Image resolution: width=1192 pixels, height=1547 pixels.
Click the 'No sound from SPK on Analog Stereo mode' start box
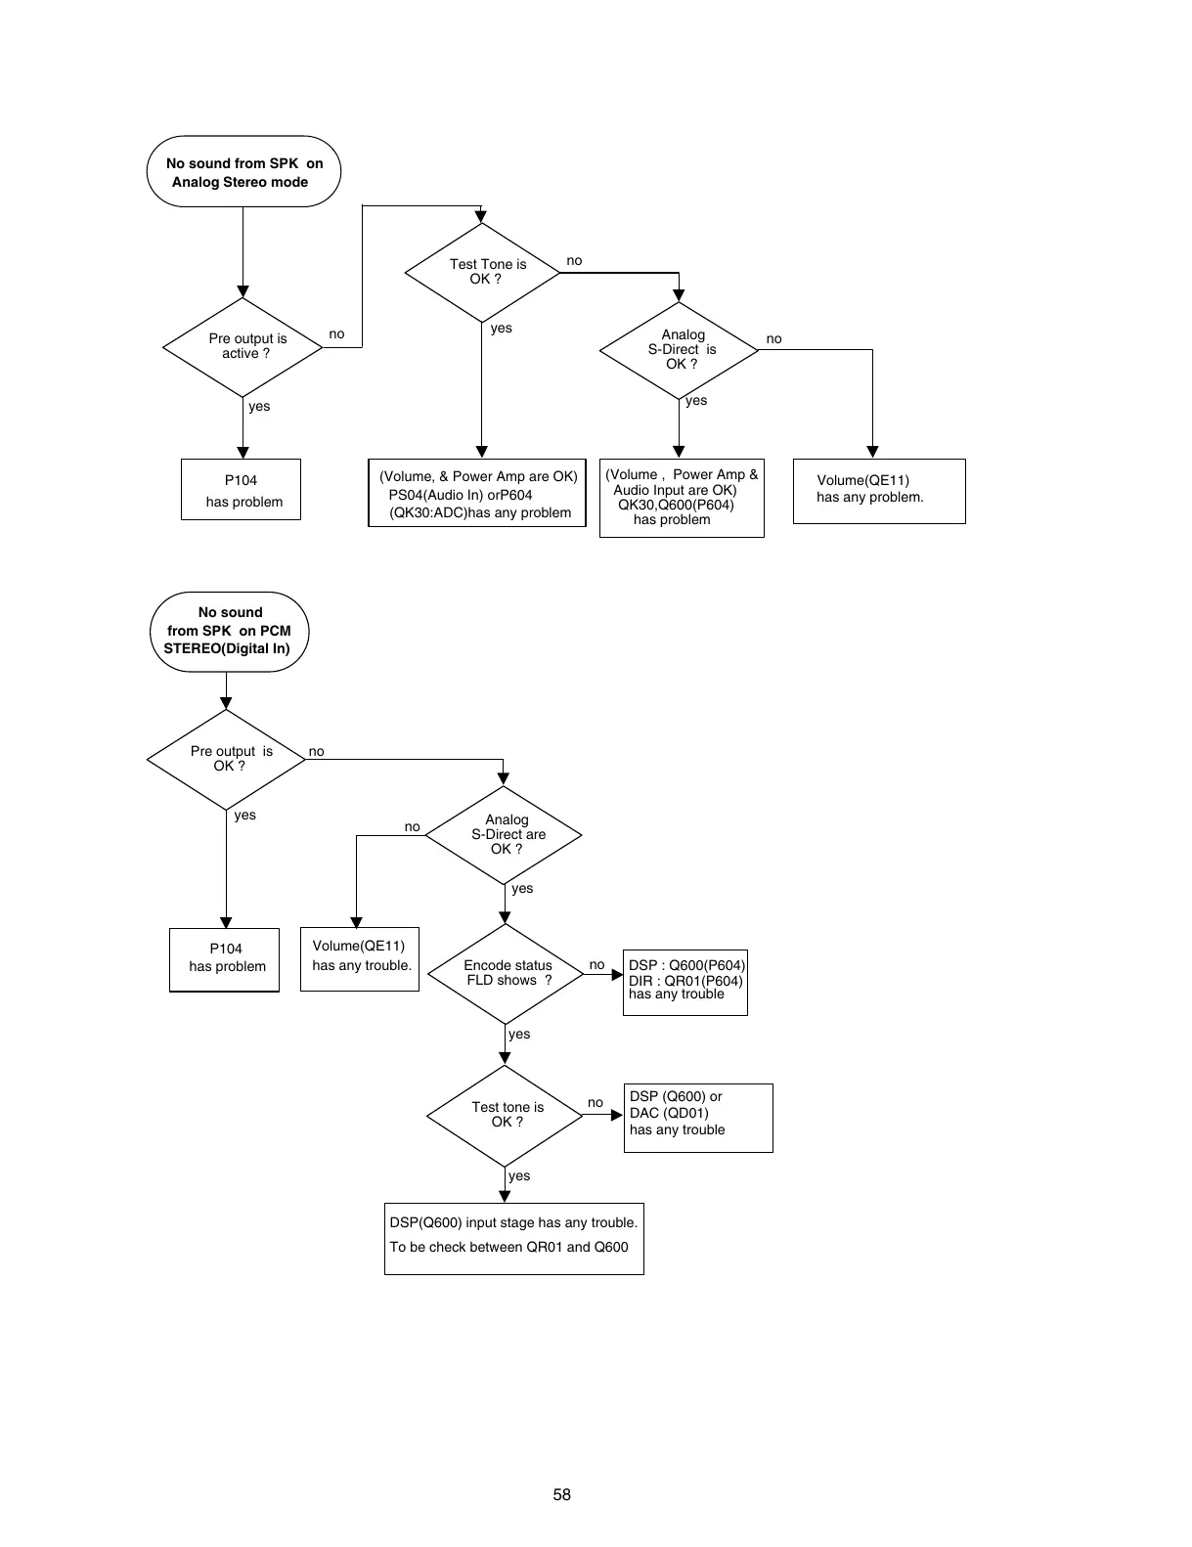243,172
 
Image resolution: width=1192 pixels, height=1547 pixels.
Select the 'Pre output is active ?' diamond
243,347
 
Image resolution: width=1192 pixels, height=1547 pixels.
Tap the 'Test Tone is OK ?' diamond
482,272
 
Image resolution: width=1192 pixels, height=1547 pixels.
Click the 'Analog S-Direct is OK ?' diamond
680,350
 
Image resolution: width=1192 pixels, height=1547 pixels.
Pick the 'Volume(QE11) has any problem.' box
878,491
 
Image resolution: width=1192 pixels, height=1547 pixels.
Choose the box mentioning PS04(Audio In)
477,493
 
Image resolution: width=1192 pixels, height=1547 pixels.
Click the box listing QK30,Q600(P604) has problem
682,498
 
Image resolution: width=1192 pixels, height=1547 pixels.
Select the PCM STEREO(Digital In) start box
229,632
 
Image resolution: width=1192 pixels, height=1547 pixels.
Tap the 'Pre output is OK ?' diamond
227,759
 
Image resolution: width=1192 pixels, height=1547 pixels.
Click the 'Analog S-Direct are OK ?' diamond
505,835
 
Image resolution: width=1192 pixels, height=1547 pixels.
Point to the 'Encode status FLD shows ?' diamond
506,974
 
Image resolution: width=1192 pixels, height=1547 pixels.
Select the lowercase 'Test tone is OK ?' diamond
506,1115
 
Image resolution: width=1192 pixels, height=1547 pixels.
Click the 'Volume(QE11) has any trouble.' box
360,958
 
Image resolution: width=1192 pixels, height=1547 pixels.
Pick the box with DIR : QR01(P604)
684,982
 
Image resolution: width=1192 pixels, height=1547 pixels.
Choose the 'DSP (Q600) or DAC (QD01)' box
698,1117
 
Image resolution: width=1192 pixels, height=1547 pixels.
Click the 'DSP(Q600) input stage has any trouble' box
514,1238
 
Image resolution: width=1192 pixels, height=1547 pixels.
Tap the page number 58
562,1494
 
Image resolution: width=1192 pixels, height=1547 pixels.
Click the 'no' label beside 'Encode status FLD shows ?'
596,965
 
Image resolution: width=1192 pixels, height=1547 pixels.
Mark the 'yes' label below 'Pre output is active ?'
259,407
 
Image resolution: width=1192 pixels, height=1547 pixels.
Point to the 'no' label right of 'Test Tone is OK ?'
574,261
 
